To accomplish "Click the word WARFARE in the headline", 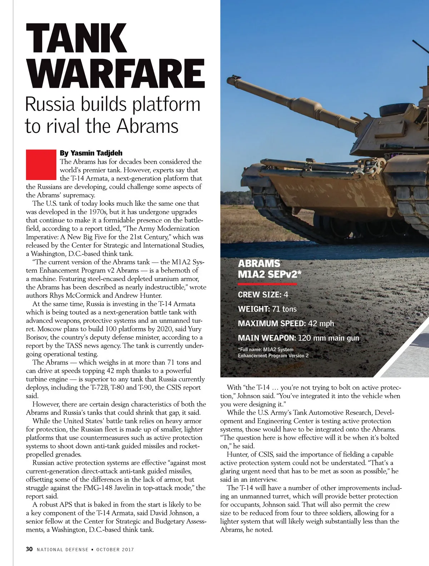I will click(x=115, y=74).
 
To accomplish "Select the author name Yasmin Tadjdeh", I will click(x=96, y=153).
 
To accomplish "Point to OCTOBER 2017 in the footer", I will click(x=115, y=550).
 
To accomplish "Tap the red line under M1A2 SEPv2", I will click(x=267, y=284).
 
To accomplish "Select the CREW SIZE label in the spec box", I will click(x=260, y=295).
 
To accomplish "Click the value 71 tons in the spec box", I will click(x=285, y=309).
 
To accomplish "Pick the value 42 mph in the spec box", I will click(x=321, y=323).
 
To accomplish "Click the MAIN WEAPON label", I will click(x=267, y=338).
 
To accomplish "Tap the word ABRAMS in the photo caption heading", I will click(x=259, y=264).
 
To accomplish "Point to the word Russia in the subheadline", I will click(x=50, y=104).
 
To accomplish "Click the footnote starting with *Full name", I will click(x=273, y=352).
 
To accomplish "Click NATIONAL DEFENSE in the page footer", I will click(x=63, y=550).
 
